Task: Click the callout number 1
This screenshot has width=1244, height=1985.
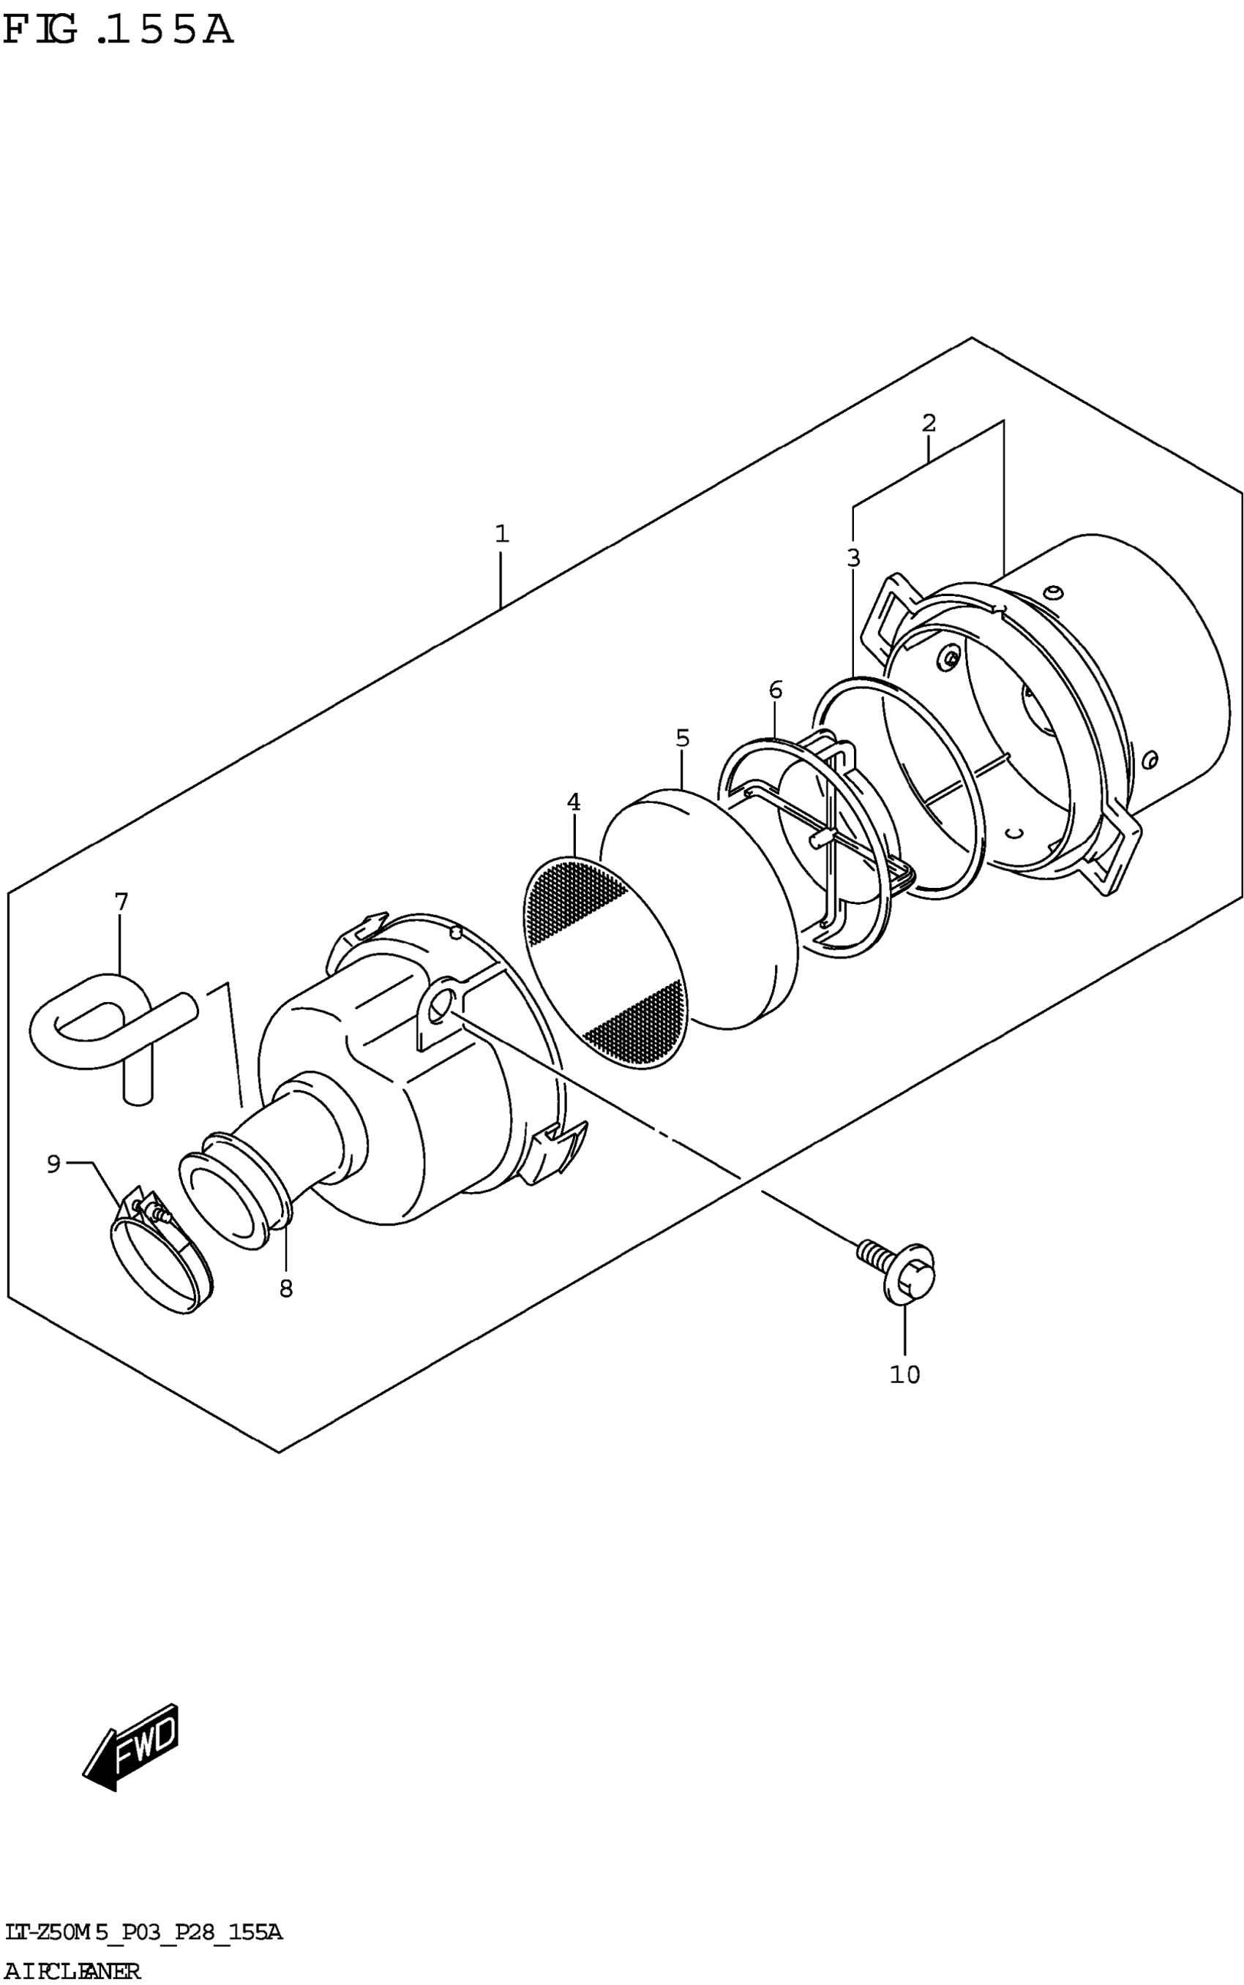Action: pos(502,535)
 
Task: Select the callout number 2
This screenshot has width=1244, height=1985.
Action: pos(928,423)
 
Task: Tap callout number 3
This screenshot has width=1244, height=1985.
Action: pos(853,558)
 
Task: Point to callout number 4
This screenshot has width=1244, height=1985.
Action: pos(574,802)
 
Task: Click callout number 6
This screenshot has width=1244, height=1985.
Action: pos(775,690)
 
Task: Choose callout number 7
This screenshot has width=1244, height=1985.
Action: pos(121,902)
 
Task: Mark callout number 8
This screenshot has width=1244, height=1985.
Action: pos(285,1289)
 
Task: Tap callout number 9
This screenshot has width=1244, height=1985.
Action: pos(53,1164)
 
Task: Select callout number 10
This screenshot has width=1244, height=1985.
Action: pos(904,1374)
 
